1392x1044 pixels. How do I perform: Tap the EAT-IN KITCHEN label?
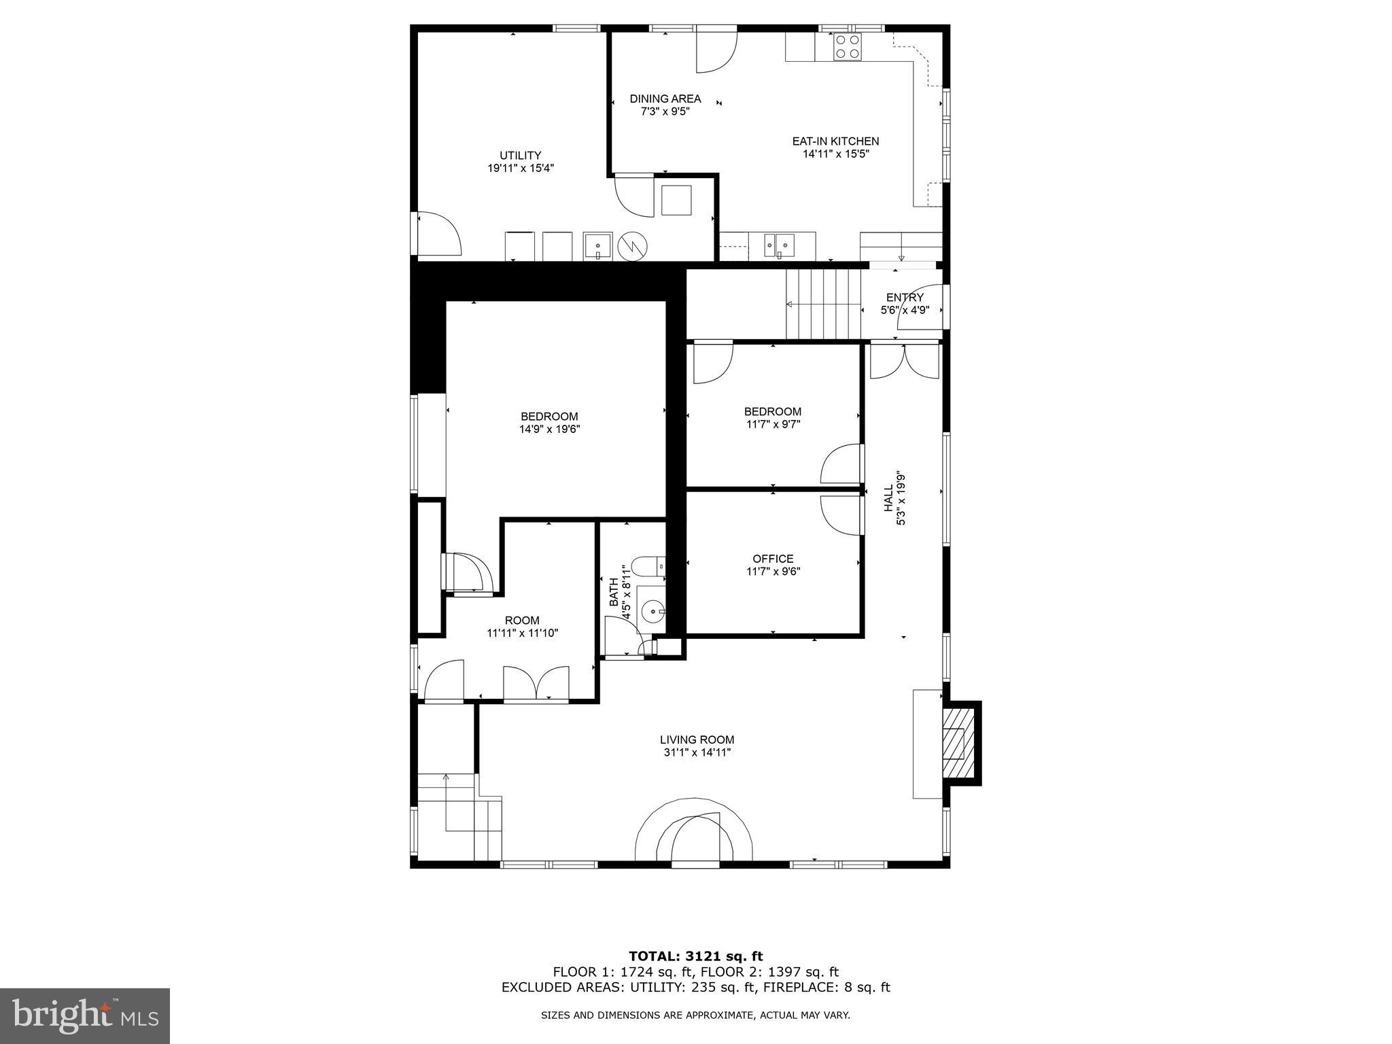(x=835, y=141)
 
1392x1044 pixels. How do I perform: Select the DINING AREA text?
(x=665, y=99)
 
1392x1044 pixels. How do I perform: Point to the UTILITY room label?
(x=520, y=156)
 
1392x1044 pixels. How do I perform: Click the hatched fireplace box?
(x=958, y=743)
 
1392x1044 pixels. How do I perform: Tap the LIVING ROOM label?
(x=697, y=739)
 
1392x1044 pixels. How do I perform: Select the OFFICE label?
(x=773, y=559)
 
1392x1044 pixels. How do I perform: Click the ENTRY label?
(x=905, y=298)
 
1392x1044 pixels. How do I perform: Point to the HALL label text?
(x=888, y=498)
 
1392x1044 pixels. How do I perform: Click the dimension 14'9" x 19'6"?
(x=549, y=429)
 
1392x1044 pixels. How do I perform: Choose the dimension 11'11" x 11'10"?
(x=522, y=633)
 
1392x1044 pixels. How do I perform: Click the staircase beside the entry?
(x=823, y=304)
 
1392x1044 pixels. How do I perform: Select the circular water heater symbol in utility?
(x=633, y=246)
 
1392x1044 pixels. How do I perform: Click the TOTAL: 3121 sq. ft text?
(x=695, y=956)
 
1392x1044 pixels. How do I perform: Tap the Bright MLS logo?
(x=85, y=1016)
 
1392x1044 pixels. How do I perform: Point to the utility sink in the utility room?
(x=597, y=245)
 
